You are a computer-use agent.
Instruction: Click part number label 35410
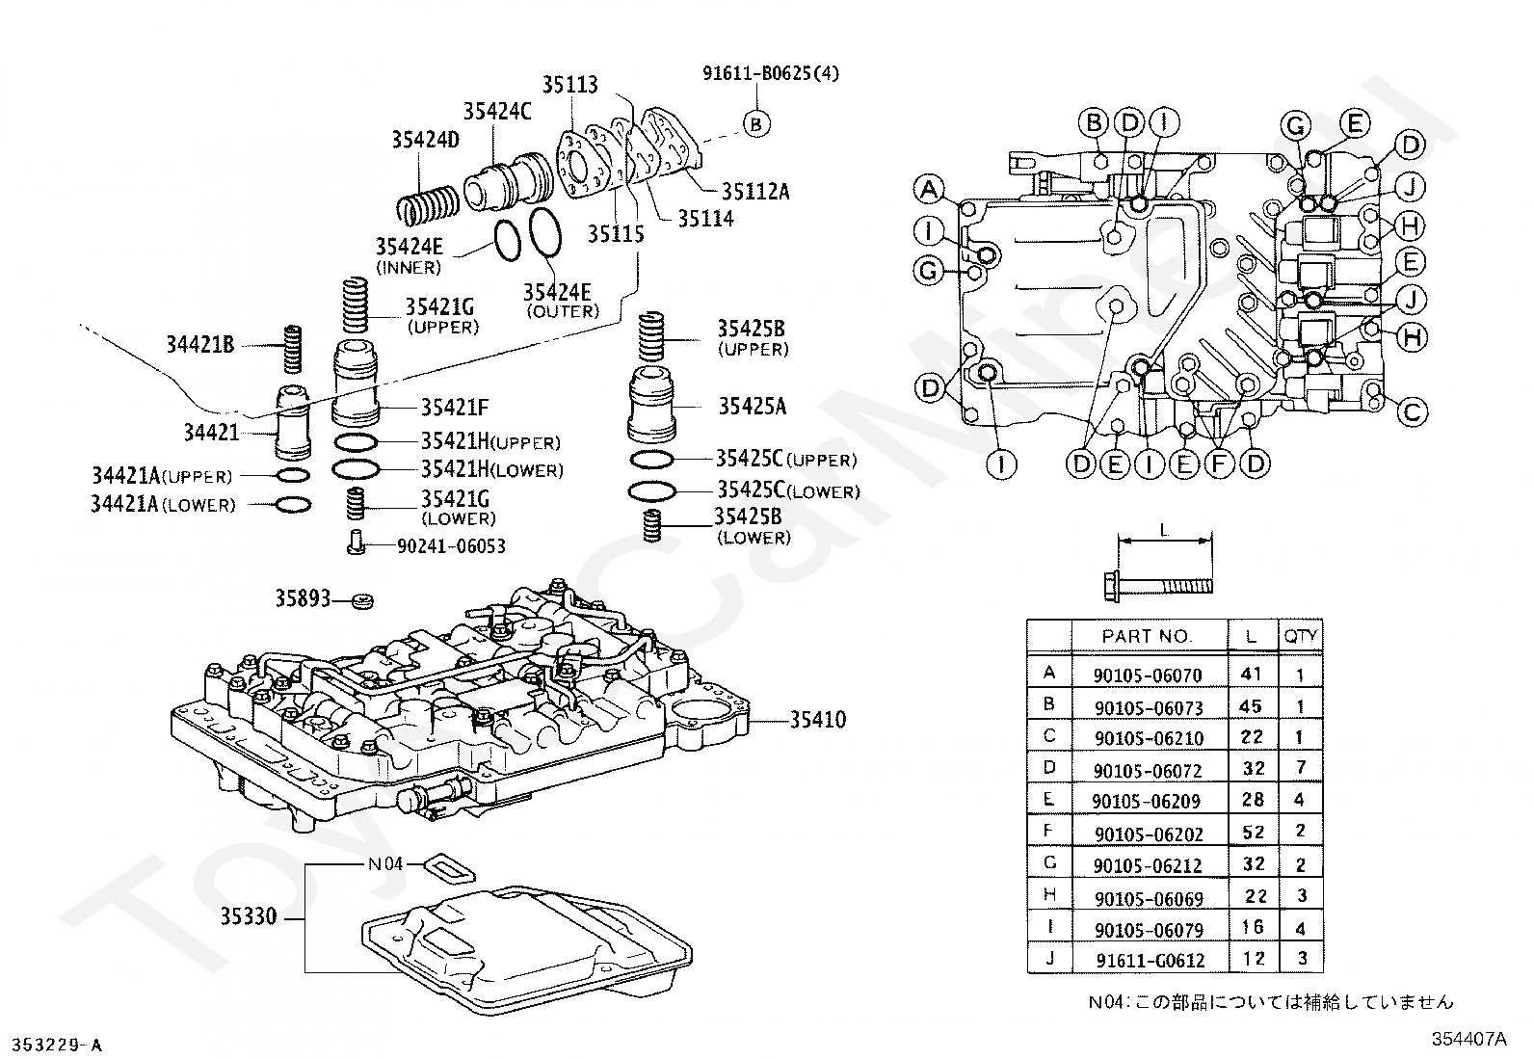click(x=818, y=720)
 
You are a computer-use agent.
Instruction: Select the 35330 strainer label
click(x=248, y=915)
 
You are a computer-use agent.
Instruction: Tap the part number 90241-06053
click(x=451, y=546)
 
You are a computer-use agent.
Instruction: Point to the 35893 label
click(x=303, y=598)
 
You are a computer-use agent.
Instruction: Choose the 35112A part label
click(x=754, y=192)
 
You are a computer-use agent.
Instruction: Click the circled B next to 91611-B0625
click(x=756, y=123)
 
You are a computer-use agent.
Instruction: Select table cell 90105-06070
click(x=1148, y=676)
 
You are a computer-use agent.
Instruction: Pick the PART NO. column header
click(x=1147, y=636)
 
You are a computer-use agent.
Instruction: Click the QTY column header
click(x=1301, y=636)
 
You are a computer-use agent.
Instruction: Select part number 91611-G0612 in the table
click(x=1150, y=961)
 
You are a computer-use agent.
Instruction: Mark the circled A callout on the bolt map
click(x=929, y=190)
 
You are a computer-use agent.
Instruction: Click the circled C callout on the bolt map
click(x=1412, y=412)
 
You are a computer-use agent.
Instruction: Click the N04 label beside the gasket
click(x=385, y=863)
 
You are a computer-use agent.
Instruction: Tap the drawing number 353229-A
click(x=55, y=1045)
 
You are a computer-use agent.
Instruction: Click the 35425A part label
click(x=752, y=407)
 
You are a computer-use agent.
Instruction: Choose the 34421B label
click(x=199, y=344)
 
